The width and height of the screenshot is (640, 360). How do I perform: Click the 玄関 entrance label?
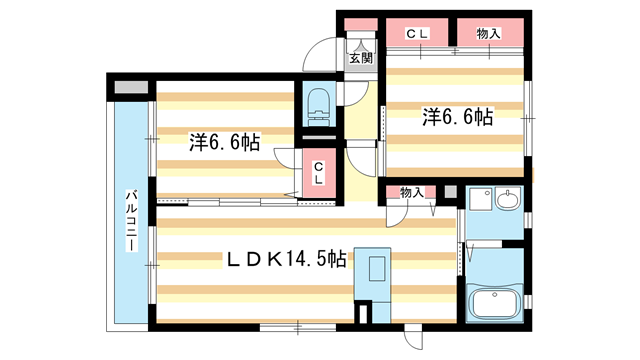(360, 58)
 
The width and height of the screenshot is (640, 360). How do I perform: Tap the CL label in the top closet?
(417, 34)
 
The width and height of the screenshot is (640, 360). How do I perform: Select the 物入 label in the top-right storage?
(489, 34)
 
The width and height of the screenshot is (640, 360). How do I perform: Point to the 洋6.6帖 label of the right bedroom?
(456, 117)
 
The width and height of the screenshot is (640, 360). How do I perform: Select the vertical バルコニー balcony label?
(131, 225)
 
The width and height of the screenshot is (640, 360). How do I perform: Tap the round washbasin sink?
(508, 200)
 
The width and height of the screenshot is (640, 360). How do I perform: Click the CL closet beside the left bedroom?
(318, 173)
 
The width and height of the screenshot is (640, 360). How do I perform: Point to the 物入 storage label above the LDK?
(411, 191)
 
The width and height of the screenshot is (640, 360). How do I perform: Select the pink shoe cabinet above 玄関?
(358, 27)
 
